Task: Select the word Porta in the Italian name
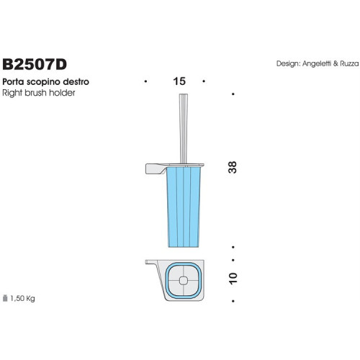pos(15,83)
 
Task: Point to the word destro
pos(77,83)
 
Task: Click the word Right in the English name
pos(14,94)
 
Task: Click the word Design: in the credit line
pos(288,63)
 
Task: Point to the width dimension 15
pos(179,81)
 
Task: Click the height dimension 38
pos(233,167)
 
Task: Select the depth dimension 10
pos(233,276)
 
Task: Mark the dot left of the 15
pos(145,81)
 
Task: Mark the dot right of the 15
pos(214,81)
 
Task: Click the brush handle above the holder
pos(179,126)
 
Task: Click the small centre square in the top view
pos(184,279)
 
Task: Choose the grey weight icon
pos(6,296)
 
